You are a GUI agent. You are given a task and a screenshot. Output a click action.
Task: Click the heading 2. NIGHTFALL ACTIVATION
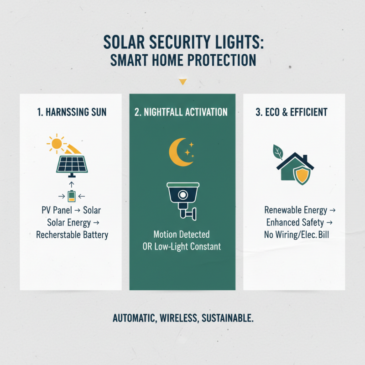(x=182, y=112)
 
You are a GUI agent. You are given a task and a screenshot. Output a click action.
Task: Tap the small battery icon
(x=71, y=196)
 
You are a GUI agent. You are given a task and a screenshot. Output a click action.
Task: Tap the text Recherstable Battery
(x=72, y=235)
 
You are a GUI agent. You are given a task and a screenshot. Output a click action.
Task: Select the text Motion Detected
(x=182, y=235)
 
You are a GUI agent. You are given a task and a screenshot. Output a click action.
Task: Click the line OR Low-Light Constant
(x=182, y=247)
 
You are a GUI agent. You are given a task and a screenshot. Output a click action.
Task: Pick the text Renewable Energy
(x=296, y=210)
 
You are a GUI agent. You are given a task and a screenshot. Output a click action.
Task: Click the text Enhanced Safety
(x=295, y=223)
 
